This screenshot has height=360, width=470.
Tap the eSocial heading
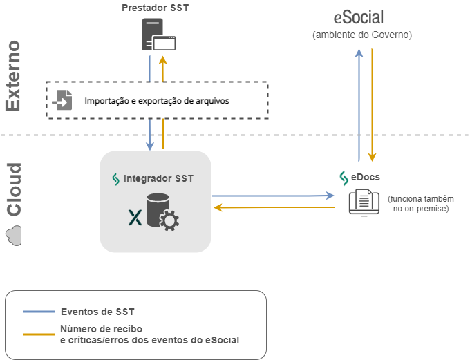tap(359, 17)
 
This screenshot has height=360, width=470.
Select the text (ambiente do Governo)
tap(362, 35)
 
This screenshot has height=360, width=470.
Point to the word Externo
tap(13, 76)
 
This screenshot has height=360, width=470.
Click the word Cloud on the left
tap(13, 189)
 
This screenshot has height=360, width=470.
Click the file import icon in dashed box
tap(62, 100)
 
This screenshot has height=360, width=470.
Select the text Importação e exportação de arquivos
tap(156, 101)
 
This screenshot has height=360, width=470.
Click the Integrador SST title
tap(158, 178)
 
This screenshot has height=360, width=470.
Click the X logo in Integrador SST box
tap(135, 218)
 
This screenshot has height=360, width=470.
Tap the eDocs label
tap(365, 177)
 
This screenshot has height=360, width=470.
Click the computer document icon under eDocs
tap(363, 202)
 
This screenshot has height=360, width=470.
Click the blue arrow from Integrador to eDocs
tap(273, 196)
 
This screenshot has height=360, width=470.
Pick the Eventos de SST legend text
tap(96, 312)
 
